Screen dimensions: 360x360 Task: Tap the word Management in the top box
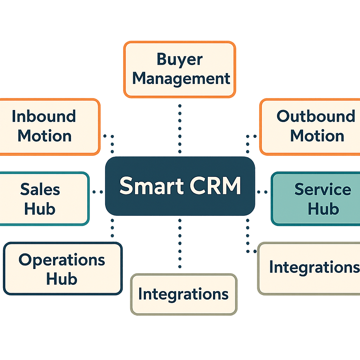pyautogui.click(x=181, y=78)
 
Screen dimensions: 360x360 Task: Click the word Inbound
pyautogui.click(x=44, y=116)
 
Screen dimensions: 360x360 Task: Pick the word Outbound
pyautogui.click(x=315, y=116)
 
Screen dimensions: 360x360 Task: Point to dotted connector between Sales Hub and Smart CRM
pyautogui.click(x=97, y=192)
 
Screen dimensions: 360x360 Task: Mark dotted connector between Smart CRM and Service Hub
pyautogui.click(x=262, y=192)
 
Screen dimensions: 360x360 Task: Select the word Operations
pyautogui.click(x=62, y=260)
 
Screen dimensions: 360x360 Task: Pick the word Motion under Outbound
pyautogui.click(x=317, y=136)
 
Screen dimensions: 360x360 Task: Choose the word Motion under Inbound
pyautogui.click(x=45, y=136)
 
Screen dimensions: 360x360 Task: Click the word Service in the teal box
pyautogui.click(x=322, y=189)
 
